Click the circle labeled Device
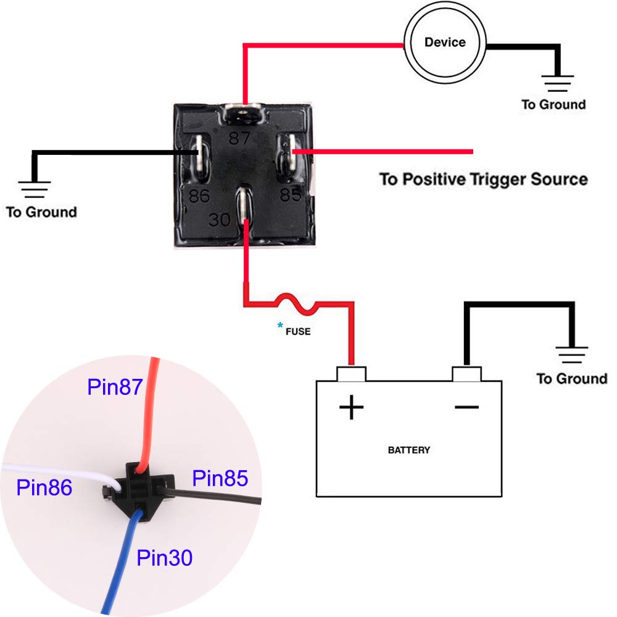(x=445, y=43)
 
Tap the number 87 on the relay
(x=240, y=138)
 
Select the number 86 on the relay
(x=199, y=196)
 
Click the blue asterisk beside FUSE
(x=281, y=325)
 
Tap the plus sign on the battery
(x=351, y=408)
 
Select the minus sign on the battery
(x=467, y=406)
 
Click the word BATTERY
(x=408, y=450)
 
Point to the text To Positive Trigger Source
(x=483, y=180)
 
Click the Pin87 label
(x=115, y=387)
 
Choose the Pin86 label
(x=44, y=487)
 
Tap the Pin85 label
(x=220, y=478)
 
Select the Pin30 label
(x=164, y=558)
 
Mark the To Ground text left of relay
(x=41, y=212)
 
